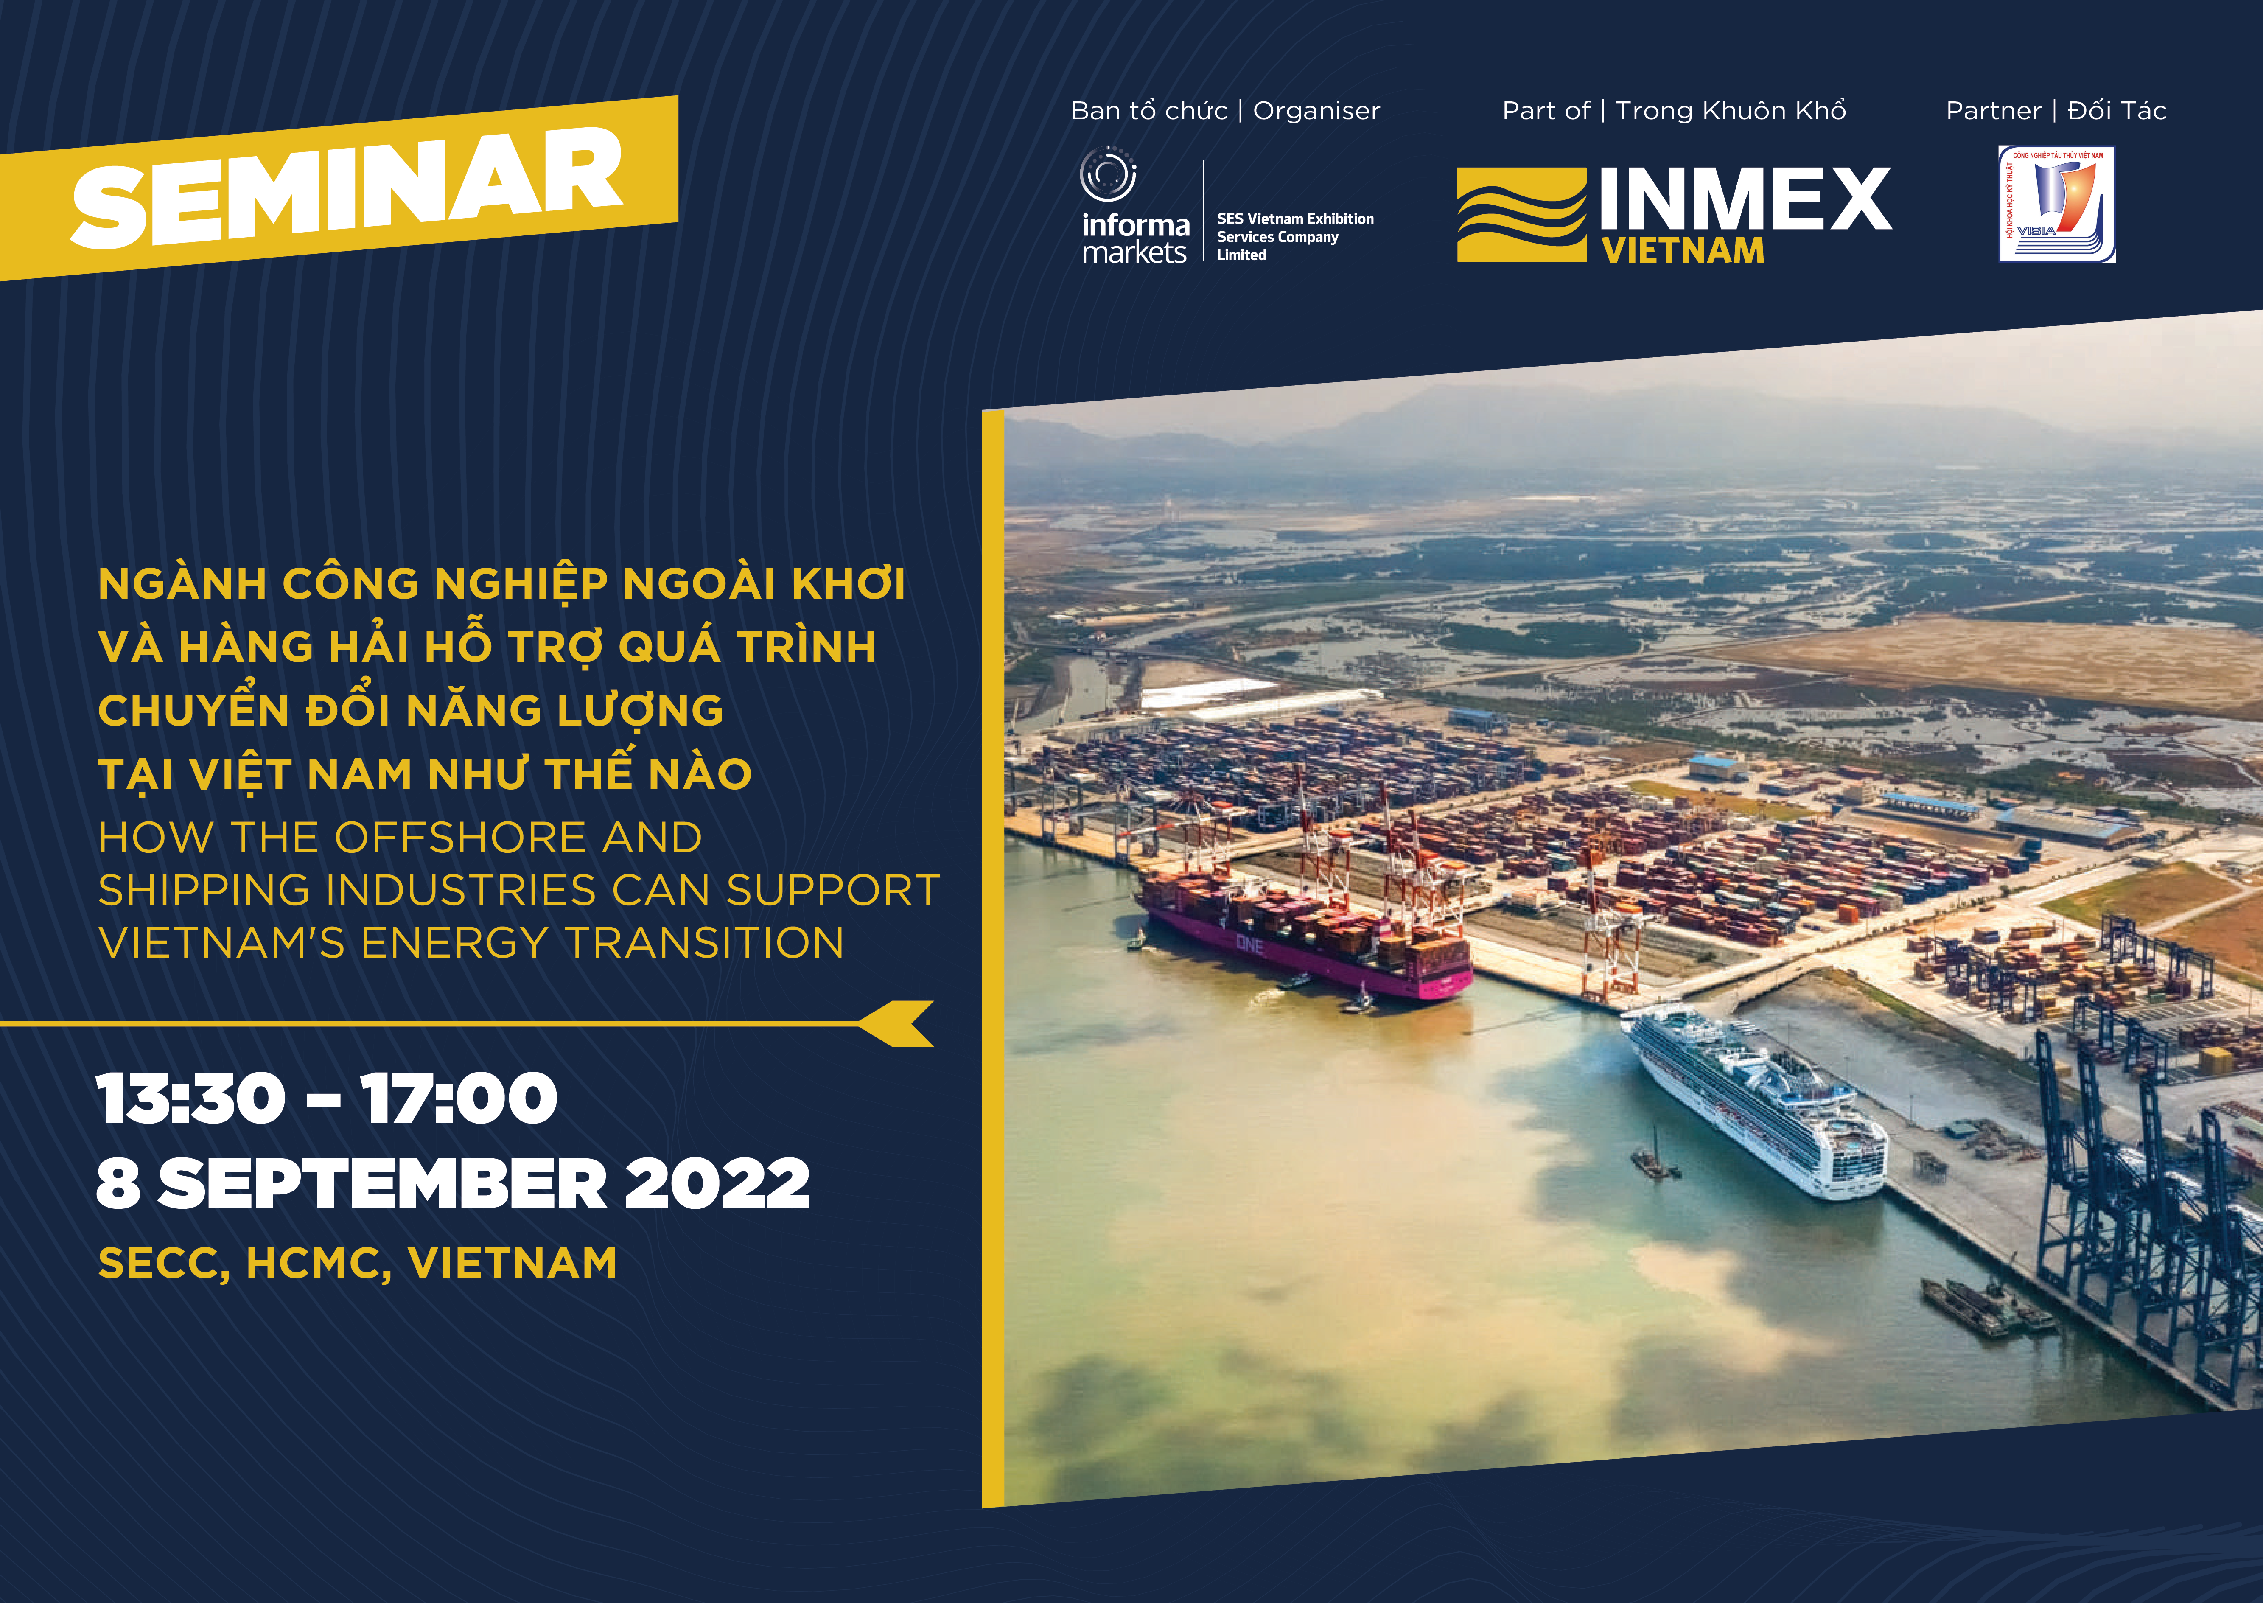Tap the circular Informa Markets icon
tap(1108, 175)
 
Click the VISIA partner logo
tap(2057, 205)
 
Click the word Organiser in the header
tap(1316, 111)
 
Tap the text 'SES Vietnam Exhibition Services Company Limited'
tap(1295, 237)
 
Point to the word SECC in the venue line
tap(161, 1264)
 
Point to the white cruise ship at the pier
tap(1757, 1101)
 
